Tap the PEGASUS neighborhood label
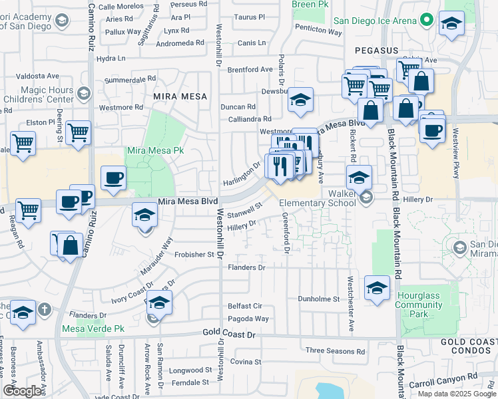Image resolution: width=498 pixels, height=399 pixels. (x=376, y=50)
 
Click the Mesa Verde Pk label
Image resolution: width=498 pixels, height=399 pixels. (x=93, y=329)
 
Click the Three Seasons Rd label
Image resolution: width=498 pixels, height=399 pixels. (x=335, y=350)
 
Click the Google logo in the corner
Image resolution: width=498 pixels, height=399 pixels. (x=22, y=391)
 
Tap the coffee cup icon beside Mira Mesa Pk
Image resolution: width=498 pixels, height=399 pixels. (x=113, y=178)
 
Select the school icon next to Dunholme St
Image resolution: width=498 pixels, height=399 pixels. (x=377, y=288)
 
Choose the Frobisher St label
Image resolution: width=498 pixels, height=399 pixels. (x=197, y=254)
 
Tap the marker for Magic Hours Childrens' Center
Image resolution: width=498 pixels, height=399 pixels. (x=84, y=92)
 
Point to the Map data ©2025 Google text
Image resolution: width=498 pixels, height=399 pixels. (x=457, y=394)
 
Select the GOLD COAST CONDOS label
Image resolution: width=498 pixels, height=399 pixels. (x=469, y=346)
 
